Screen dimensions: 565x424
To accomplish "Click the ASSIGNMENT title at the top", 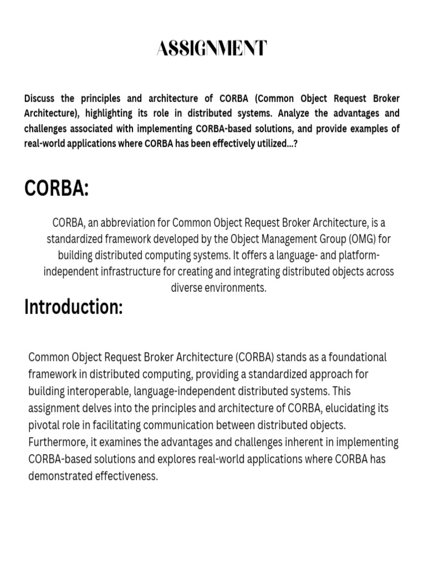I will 212,49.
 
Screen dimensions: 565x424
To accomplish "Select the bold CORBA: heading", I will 56,189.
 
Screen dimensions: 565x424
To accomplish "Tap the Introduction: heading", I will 73,307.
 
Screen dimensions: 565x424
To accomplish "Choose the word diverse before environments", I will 189,288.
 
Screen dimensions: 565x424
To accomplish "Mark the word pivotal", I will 44,425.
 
